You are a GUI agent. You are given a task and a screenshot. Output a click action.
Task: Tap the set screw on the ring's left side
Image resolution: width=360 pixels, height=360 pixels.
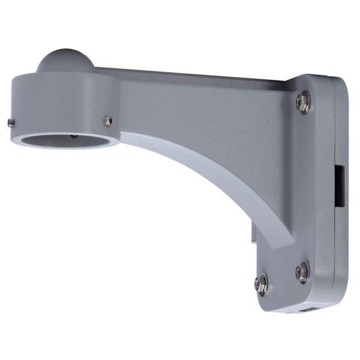pos(11,122)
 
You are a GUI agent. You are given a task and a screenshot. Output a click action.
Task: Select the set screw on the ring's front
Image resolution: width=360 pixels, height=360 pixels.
pos(108,120)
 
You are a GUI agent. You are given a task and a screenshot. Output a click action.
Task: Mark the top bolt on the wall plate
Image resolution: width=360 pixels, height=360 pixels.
pos(303,102)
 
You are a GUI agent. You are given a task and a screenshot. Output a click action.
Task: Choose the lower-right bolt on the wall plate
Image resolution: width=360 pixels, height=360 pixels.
pos(302,271)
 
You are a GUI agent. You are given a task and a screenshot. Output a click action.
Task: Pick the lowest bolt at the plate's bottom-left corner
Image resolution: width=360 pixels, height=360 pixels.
pos(262,284)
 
